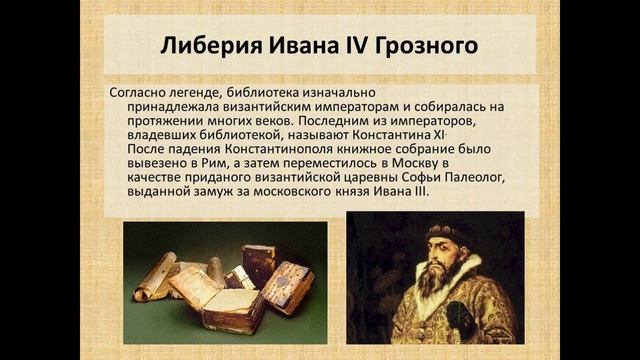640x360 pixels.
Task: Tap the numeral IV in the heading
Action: [356, 47]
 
